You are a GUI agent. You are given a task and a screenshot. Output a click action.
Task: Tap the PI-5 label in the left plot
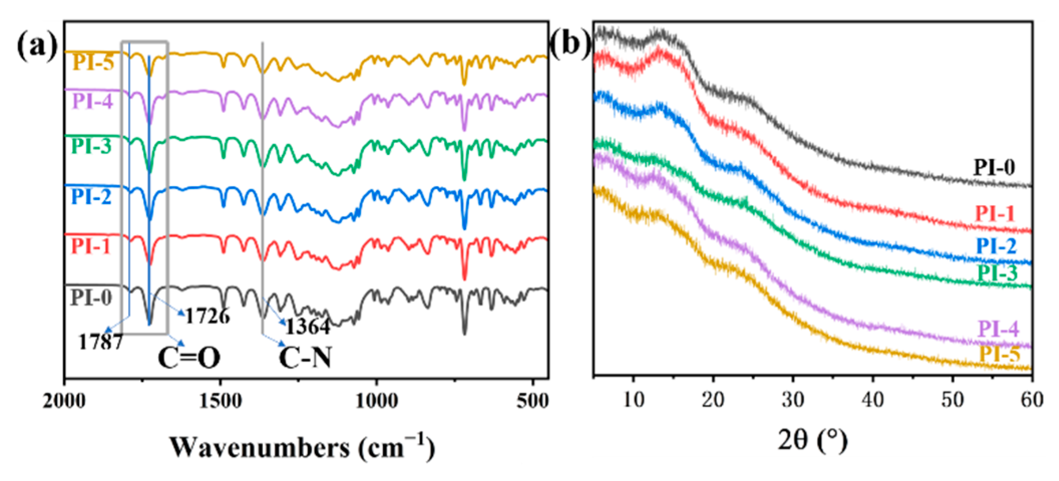(x=93, y=63)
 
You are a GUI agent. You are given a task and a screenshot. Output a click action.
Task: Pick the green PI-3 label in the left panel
(x=91, y=146)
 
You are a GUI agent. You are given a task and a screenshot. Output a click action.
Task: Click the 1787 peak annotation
(x=101, y=342)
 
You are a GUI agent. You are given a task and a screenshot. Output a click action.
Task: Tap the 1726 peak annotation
(x=207, y=316)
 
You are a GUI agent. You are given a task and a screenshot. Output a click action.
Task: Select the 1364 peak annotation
(x=308, y=327)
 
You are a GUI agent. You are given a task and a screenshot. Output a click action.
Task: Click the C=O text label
(x=189, y=358)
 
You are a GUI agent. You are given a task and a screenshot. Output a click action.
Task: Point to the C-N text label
(x=305, y=358)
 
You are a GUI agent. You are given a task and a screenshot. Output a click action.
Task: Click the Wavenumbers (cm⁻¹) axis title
(x=302, y=447)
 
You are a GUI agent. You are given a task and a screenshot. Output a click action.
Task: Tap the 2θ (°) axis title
(x=812, y=440)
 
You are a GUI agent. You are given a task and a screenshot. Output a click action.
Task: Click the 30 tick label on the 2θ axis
(x=792, y=400)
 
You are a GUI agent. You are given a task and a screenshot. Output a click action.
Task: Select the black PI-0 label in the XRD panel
(x=994, y=168)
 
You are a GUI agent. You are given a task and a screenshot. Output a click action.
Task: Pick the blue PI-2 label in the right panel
(x=996, y=246)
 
